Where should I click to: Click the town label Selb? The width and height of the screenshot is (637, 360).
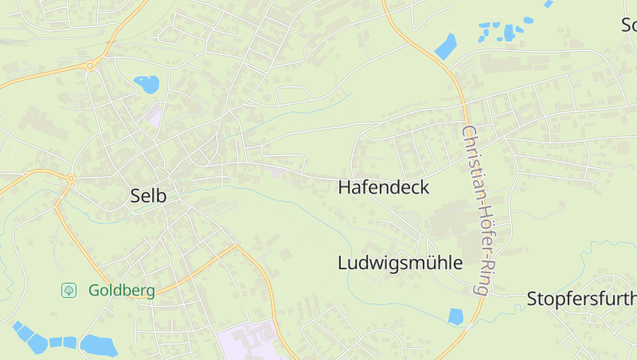pyautogui.click(x=148, y=196)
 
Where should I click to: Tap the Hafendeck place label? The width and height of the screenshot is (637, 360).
pyautogui.click(x=383, y=188)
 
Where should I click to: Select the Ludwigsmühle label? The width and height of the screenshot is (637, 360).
pyautogui.click(x=400, y=263)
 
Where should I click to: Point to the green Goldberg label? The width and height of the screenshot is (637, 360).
pyautogui.click(x=122, y=291)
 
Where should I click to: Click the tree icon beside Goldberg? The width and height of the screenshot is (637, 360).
pyautogui.click(x=68, y=291)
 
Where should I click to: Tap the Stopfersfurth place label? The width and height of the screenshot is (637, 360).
pyautogui.click(x=581, y=299)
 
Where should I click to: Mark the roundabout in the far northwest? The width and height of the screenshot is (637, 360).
pyautogui.click(x=91, y=66)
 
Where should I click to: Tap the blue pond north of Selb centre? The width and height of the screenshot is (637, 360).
pyautogui.click(x=147, y=83)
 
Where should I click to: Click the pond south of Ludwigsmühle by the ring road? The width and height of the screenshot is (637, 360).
pyautogui.click(x=455, y=316)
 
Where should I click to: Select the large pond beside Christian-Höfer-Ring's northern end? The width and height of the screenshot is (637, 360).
pyautogui.click(x=446, y=46)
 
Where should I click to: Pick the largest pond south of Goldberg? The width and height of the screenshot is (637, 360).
pyautogui.click(x=99, y=346)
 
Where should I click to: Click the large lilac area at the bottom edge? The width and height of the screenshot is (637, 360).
pyautogui.click(x=247, y=342)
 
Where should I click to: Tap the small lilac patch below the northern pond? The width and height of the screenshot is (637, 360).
pyautogui.click(x=154, y=115)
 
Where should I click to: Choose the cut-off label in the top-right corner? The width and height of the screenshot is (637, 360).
pyautogui.click(x=628, y=25)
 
